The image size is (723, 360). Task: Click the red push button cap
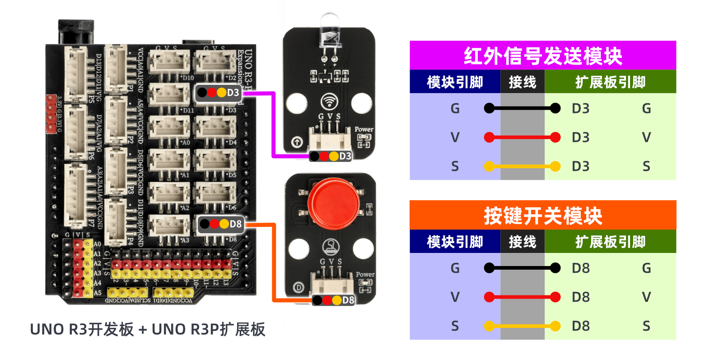click(334, 203)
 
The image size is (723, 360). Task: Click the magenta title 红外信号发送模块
click(542, 56)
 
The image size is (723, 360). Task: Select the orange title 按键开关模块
click(542, 215)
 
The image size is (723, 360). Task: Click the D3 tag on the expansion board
click(218, 93)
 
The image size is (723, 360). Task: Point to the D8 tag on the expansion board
click(221, 224)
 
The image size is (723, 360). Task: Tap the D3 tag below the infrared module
click(331, 156)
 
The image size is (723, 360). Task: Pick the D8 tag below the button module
click(333, 300)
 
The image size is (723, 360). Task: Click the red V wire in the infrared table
click(522, 137)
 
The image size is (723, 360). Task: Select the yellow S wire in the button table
click(522, 326)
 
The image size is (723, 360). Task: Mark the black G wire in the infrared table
click(522, 108)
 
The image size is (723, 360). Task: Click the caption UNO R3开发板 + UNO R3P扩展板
click(147, 330)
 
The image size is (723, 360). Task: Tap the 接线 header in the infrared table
click(522, 82)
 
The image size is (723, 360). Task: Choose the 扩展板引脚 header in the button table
click(610, 242)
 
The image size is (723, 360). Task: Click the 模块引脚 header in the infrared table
click(455, 82)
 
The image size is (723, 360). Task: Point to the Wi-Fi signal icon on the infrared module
click(329, 102)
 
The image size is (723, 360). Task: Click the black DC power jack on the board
click(76, 32)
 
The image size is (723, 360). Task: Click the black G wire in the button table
click(522, 268)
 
